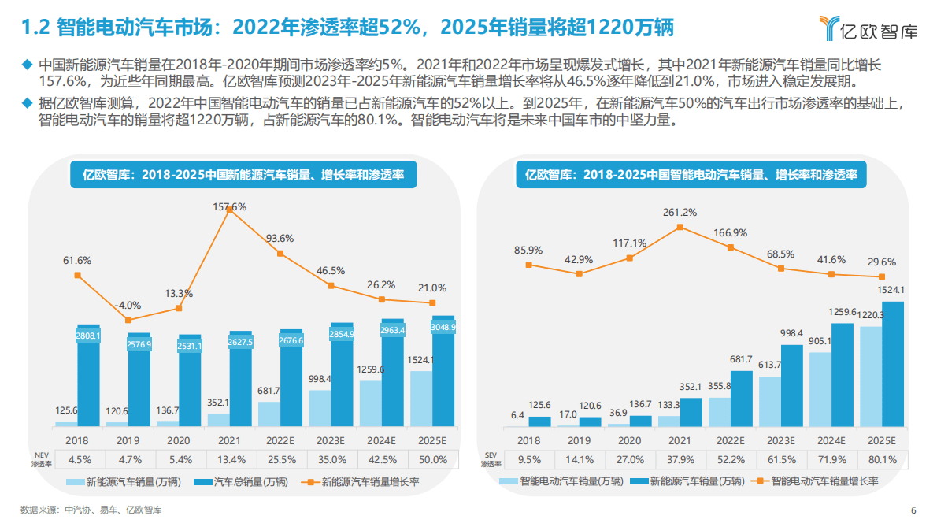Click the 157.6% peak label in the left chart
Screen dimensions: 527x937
tap(230, 207)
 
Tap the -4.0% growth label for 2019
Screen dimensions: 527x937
tap(128, 305)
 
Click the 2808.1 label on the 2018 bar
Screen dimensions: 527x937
tap(89, 336)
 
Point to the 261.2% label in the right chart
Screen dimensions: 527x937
tap(680, 213)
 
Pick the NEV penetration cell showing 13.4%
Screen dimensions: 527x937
tap(230, 459)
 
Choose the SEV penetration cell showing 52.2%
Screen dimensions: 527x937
tap(730, 459)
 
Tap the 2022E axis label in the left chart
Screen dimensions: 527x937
tap(280, 440)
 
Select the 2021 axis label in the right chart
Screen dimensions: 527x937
tap(680, 440)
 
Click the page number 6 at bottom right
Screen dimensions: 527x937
tap(913, 510)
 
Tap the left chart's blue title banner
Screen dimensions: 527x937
tap(243, 175)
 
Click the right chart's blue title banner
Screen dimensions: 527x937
tap(691, 175)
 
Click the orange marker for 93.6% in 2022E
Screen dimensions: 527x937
tap(280, 254)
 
